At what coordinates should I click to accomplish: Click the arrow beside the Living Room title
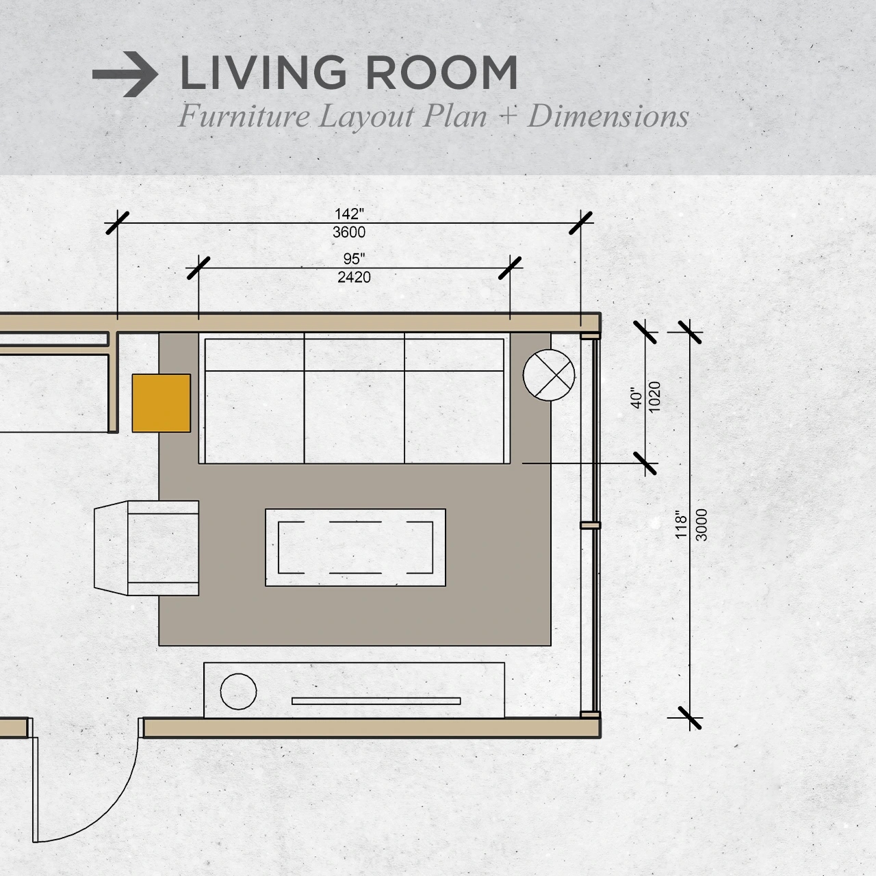(125, 74)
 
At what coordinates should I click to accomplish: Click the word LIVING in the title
(263, 73)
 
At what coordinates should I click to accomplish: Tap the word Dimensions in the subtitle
(608, 116)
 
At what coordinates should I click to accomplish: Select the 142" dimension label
(349, 214)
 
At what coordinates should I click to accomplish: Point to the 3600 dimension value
(349, 232)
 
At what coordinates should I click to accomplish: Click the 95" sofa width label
(354, 259)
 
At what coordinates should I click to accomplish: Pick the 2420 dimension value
(354, 277)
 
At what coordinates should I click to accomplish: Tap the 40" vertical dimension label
(636, 398)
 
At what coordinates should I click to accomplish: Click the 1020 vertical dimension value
(654, 397)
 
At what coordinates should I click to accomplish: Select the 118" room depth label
(681, 525)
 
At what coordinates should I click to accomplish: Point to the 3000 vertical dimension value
(701, 525)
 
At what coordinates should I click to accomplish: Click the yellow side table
(162, 403)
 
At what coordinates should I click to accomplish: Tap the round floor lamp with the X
(549, 375)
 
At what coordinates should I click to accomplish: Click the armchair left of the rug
(146, 548)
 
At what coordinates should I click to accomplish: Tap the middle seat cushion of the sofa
(354, 417)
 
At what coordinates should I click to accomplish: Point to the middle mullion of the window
(590, 526)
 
